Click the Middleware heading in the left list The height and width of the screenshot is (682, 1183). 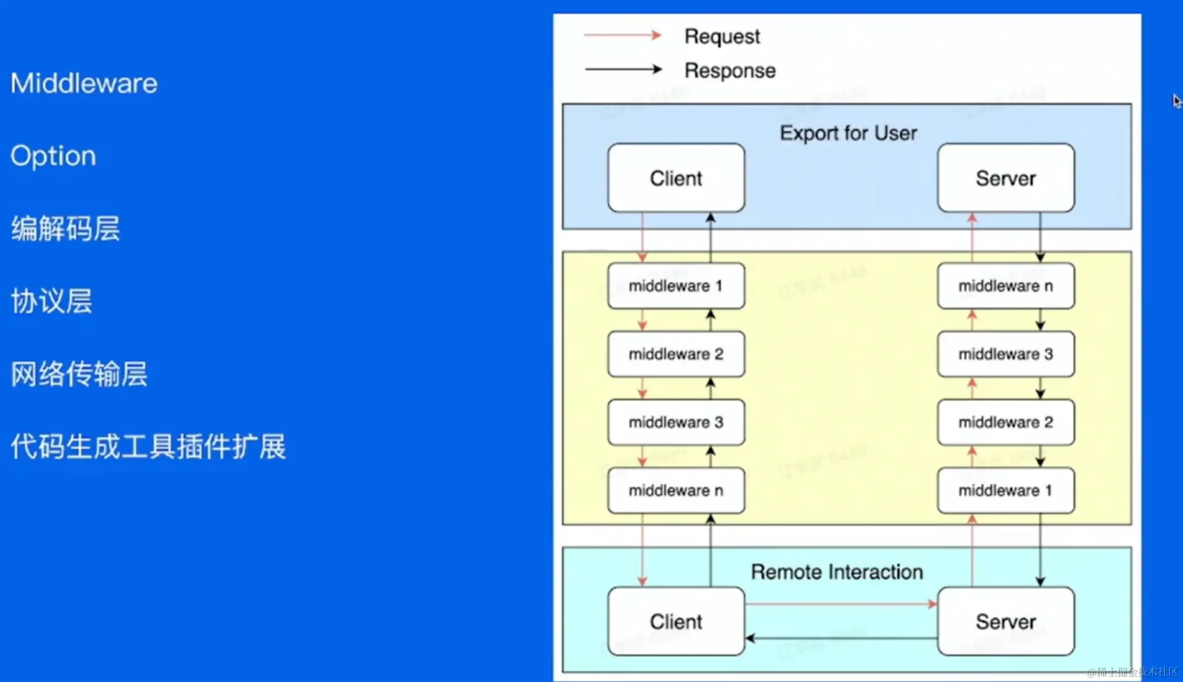click(84, 83)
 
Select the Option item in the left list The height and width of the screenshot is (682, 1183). click(53, 156)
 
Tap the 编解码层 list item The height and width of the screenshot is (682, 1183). click(65, 229)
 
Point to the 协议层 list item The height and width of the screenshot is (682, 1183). click(51, 301)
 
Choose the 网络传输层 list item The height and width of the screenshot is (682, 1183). click(79, 374)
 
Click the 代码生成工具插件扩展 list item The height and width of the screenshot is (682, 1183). click(148, 446)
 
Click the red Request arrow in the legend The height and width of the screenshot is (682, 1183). click(623, 36)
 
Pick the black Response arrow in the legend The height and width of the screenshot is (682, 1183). click(623, 70)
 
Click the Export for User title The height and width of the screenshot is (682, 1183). click(848, 133)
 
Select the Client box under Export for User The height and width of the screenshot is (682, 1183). click(676, 178)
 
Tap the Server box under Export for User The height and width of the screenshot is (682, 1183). click(1006, 178)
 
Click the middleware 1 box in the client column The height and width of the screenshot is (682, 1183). click(676, 286)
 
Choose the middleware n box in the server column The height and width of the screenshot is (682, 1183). click(1006, 286)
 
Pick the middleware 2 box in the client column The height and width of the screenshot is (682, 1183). click(676, 354)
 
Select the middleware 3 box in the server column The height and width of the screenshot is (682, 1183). click(1006, 354)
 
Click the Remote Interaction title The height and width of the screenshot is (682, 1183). click(836, 572)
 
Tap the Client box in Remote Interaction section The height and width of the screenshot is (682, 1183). click(676, 622)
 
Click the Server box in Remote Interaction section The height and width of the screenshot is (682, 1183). click(1006, 622)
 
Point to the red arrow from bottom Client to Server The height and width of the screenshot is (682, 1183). click(841, 604)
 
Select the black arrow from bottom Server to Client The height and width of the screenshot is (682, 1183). click(841, 638)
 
